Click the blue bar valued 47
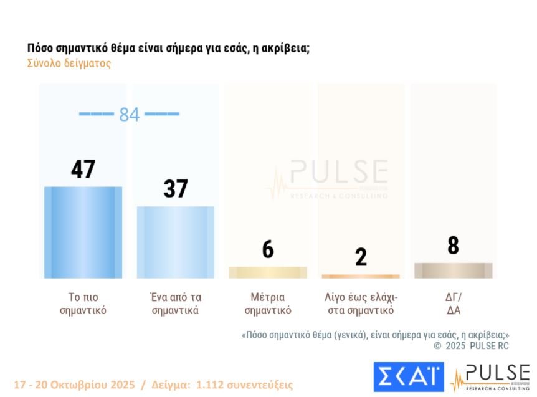pos(83,232)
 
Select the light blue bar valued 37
pos(176,242)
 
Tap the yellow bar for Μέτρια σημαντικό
pos(268,272)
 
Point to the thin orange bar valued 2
pos(361,276)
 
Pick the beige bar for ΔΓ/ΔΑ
pos(453,270)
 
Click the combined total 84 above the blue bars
pos(129,114)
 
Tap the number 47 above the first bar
pos(83,168)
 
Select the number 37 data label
pos(176,188)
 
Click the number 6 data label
pos(268,249)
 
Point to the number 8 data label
pos(453,246)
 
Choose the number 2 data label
pos(361,257)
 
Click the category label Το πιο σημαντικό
pos(83,304)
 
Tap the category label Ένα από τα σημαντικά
pos(176,304)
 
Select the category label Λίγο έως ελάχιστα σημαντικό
pos(361,304)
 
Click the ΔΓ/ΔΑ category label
pos(453,304)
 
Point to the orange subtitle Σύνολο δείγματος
pos(69,63)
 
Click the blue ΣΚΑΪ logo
pos(408,377)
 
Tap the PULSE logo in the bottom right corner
pos(490,377)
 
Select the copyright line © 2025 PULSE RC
pos(471,345)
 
